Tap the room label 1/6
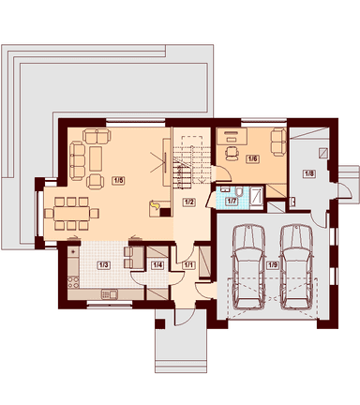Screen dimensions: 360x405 tap(253, 158)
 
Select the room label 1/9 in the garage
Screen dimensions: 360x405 tap(272, 265)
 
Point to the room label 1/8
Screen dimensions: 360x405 tap(308, 173)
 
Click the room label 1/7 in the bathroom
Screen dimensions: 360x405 tap(232, 201)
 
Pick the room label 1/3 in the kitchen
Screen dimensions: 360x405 tap(104, 265)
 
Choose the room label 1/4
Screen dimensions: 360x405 tap(157, 265)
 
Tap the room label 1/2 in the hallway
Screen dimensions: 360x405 tap(188, 202)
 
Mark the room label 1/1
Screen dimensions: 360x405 tap(188, 265)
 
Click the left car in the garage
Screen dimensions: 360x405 tap(249, 266)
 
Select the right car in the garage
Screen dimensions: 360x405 tap(296, 266)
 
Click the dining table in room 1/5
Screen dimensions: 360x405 tap(71, 214)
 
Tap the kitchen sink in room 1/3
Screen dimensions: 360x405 tap(110, 294)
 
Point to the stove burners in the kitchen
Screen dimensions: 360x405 tap(73, 282)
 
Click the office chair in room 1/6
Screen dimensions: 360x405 tap(232, 153)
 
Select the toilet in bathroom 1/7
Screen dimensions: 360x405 tap(239, 191)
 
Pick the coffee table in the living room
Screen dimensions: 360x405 tap(96, 158)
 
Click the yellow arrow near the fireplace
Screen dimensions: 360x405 tap(155, 205)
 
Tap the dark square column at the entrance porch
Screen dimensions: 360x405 tap(159, 323)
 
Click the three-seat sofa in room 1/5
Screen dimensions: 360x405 tap(77, 160)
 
